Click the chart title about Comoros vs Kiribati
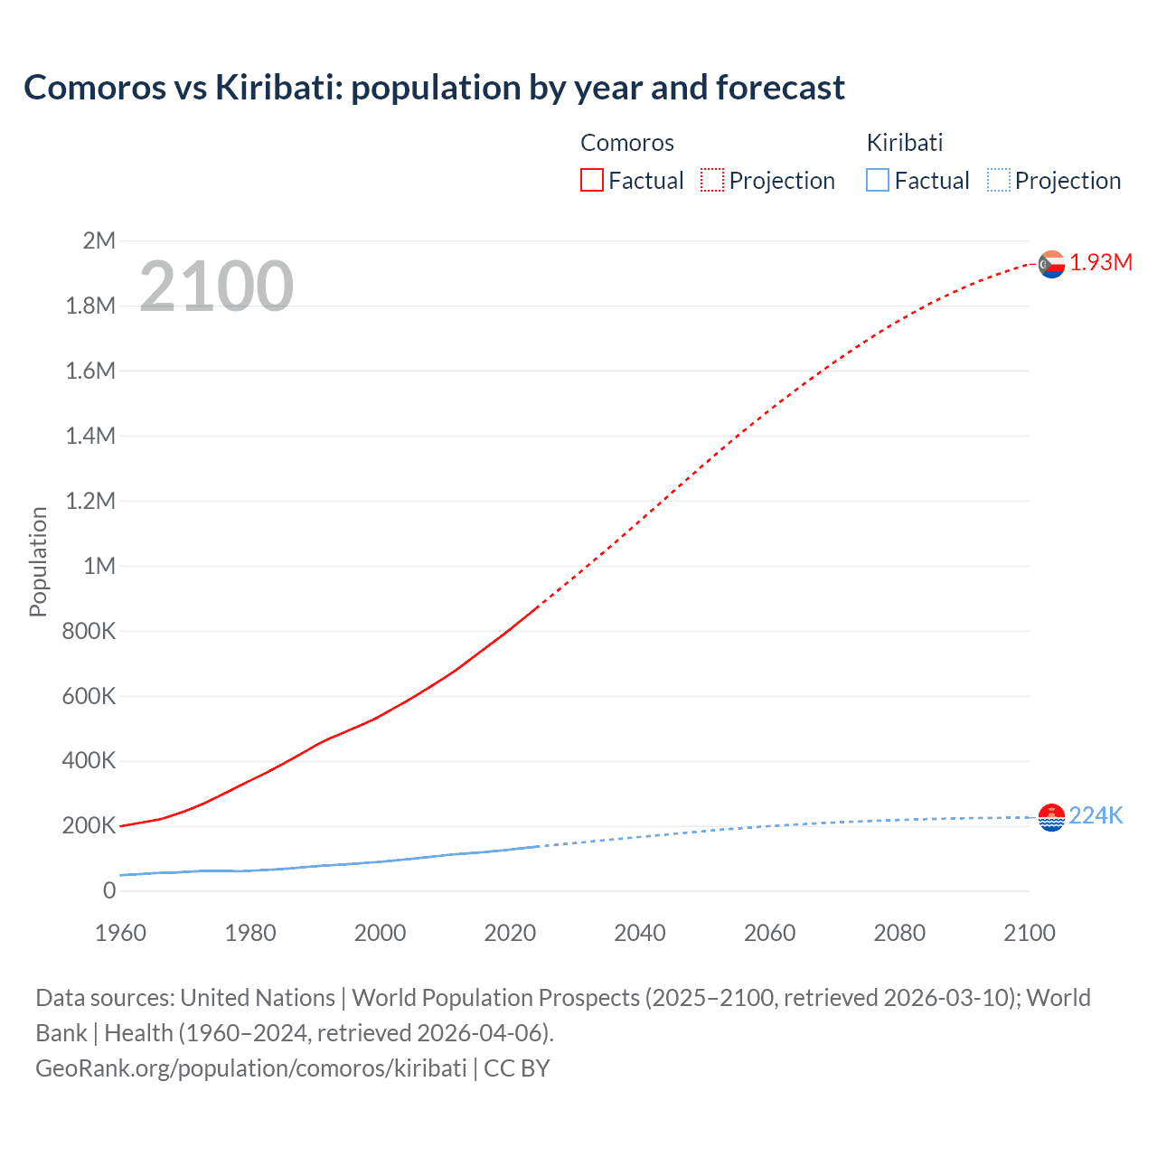[x=434, y=88]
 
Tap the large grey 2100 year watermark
[x=216, y=287]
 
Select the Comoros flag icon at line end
[x=1051, y=264]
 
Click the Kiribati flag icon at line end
[x=1051, y=817]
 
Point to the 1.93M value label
[x=1101, y=263]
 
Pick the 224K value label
[x=1096, y=816]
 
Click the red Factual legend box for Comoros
[x=592, y=181]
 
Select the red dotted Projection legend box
[x=712, y=181]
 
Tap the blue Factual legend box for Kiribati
[x=878, y=181]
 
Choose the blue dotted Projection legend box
[x=999, y=181]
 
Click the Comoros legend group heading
[x=627, y=143]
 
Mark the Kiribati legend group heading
[x=905, y=143]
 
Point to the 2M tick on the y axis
[x=99, y=240]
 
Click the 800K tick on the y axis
[x=89, y=631]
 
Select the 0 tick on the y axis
[x=109, y=890]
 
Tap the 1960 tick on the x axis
[x=120, y=933]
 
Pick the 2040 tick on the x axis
[x=640, y=933]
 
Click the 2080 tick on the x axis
[x=899, y=933]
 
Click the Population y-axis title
[x=38, y=561]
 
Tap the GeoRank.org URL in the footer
[x=251, y=1068]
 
